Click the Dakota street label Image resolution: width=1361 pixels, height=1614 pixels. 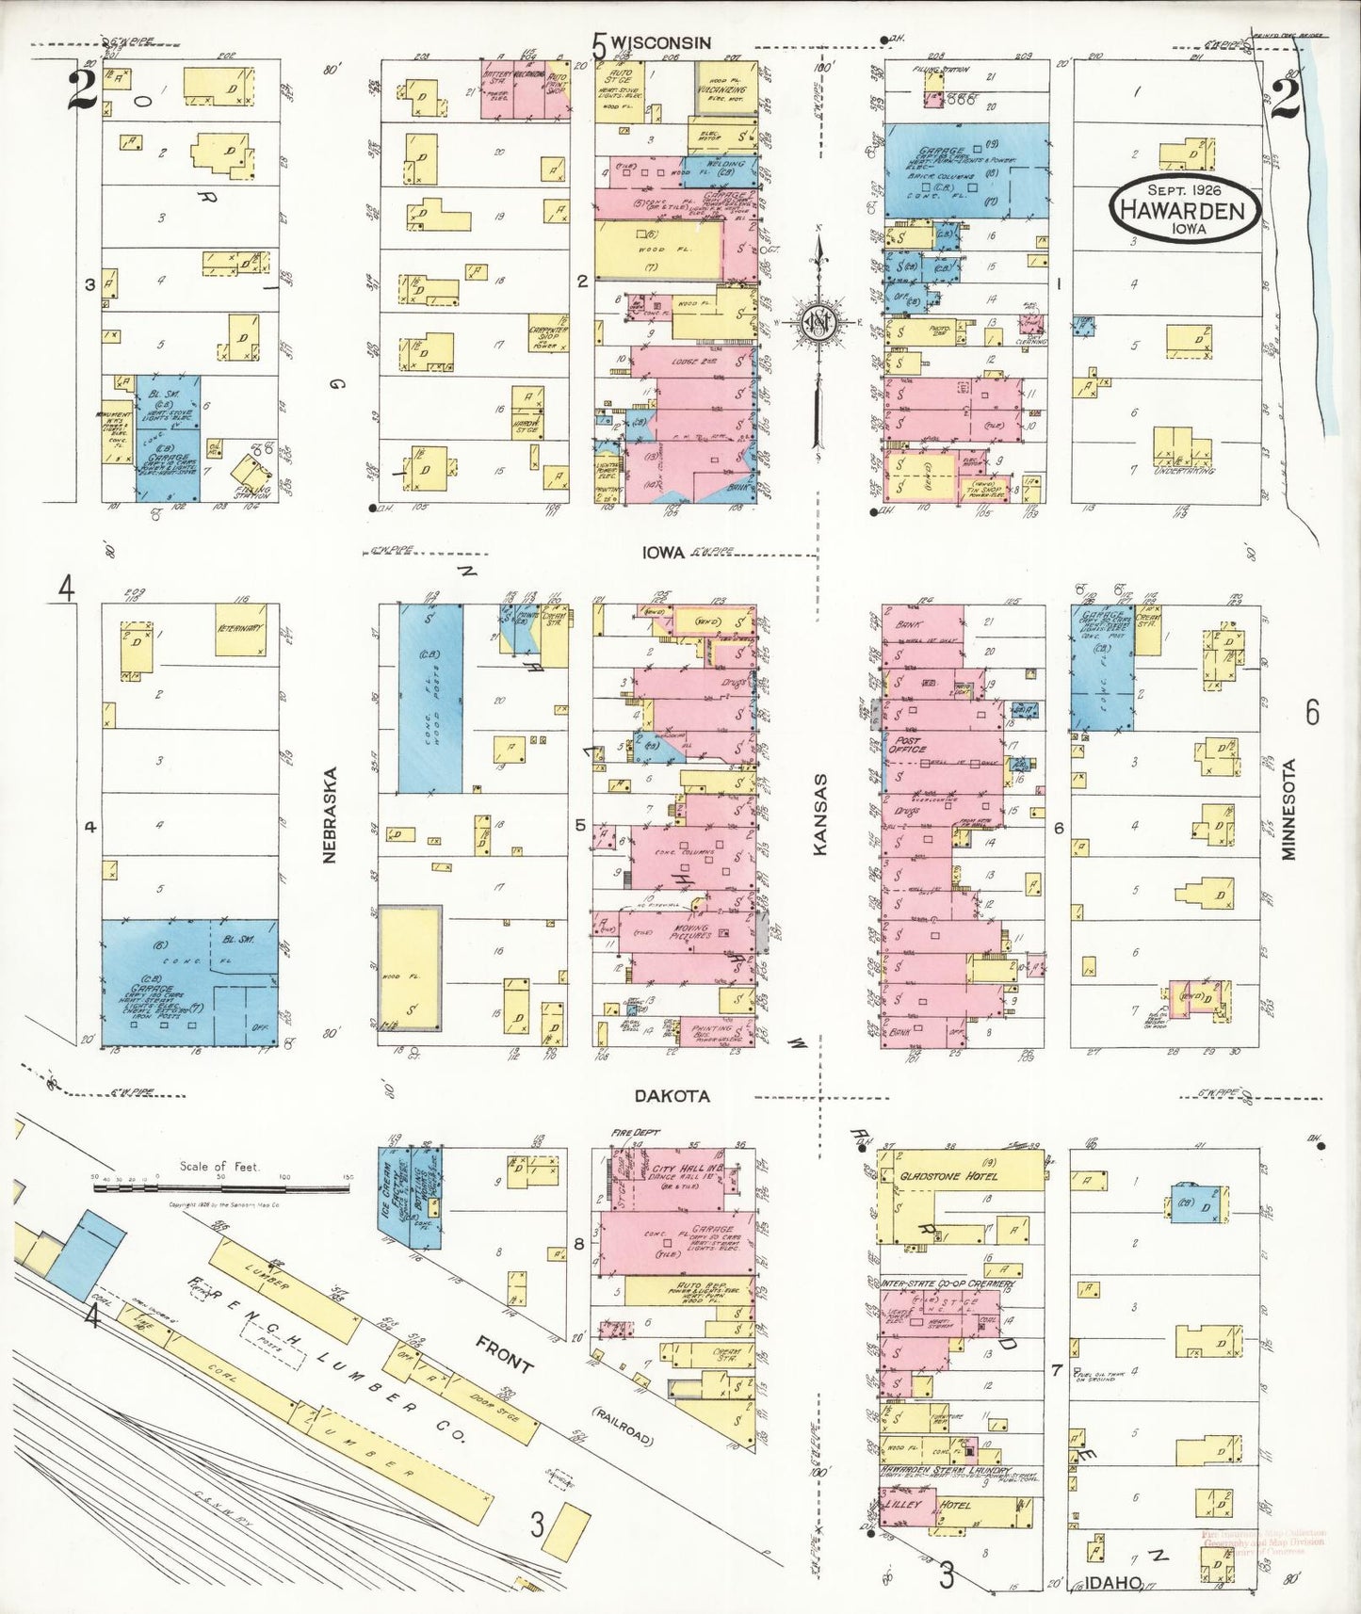672,1096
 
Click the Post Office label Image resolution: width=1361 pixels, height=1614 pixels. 909,745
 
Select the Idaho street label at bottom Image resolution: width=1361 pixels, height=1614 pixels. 1115,1582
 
